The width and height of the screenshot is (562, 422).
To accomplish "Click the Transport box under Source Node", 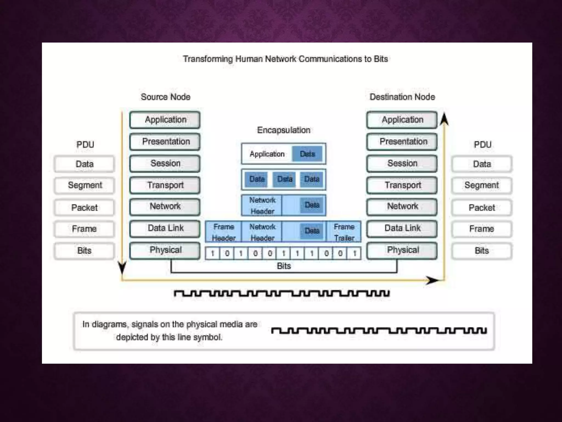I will click(165, 185).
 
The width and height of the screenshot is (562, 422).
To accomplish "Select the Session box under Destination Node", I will click(402, 163).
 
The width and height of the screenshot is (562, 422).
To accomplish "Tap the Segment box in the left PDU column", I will click(85, 185).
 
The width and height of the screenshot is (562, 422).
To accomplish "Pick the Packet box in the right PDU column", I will click(482, 208).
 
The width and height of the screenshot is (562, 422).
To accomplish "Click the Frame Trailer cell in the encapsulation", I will click(344, 232).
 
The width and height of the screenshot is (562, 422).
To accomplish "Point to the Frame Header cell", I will click(224, 232).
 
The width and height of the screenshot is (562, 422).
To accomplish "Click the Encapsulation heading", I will click(283, 130).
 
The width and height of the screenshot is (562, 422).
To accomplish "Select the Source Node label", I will click(165, 97).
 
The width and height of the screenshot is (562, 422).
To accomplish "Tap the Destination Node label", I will click(402, 97).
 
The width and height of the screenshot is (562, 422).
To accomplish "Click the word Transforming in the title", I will click(208, 59).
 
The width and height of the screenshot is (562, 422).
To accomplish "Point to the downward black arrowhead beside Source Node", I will click(122, 268).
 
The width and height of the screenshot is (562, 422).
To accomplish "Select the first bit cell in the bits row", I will click(213, 253).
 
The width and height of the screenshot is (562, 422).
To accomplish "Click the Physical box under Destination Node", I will click(402, 250).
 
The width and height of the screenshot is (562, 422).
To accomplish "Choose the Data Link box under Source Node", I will click(165, 228).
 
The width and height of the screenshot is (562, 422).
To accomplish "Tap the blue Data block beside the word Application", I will click(307, 154).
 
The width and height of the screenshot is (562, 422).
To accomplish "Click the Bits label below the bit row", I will click(284, 266).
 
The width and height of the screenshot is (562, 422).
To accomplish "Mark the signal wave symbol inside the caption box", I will click(379, 331).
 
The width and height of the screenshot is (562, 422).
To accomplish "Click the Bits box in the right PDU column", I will click(482, 251).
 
